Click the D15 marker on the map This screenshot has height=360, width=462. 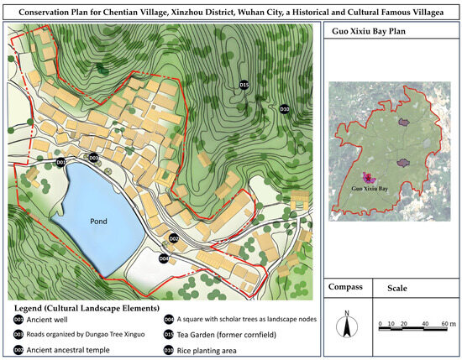244,86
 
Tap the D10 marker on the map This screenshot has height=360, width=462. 284,109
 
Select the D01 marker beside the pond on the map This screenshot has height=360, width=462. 60,162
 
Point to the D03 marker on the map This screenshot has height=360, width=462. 93,158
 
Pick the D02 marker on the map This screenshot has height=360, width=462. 174,239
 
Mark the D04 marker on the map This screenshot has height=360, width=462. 164,258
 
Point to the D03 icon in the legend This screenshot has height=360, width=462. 18,334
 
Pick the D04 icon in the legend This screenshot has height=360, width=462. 169,319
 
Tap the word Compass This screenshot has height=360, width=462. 344,287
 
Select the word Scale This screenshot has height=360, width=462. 396,288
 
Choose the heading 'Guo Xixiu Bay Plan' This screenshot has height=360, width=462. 367,35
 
